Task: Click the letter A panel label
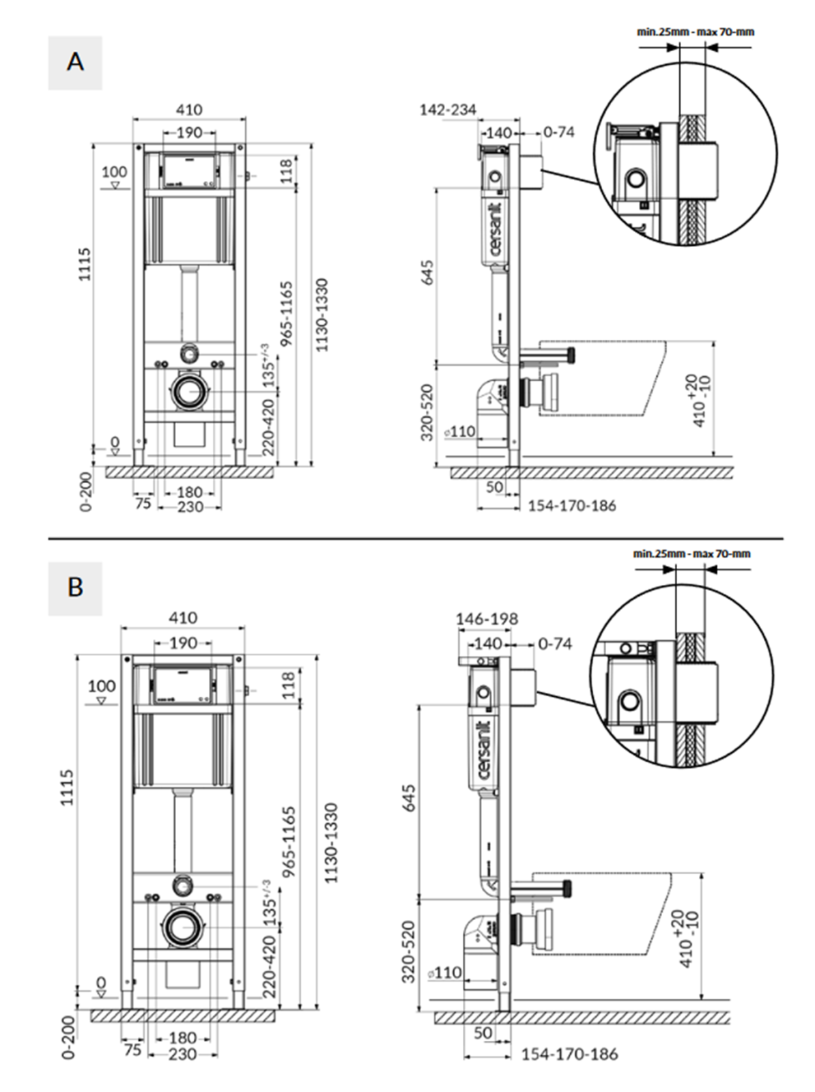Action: tap(75, 62)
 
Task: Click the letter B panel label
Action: tap(75, 588)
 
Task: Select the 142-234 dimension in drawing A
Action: tap(448, 109)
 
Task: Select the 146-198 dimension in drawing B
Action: tap(487, 619)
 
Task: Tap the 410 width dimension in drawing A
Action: tap(189, 109)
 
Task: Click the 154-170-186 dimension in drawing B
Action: tap(569, 1054)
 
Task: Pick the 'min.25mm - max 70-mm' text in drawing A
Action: tap(696, 31)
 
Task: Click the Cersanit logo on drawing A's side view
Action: tap(496, 229)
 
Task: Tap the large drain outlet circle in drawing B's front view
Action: tap(182, 926)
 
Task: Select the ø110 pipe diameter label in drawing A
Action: tap(461, 431)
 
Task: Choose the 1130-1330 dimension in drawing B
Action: tap(331, 842)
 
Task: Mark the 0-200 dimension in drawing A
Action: tap(86, 491)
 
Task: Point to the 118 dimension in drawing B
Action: tap(289, 685)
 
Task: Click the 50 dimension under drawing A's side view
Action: tap(495, 487)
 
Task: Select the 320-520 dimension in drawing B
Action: tap(408, 951)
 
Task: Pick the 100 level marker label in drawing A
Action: tap(114, 172)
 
